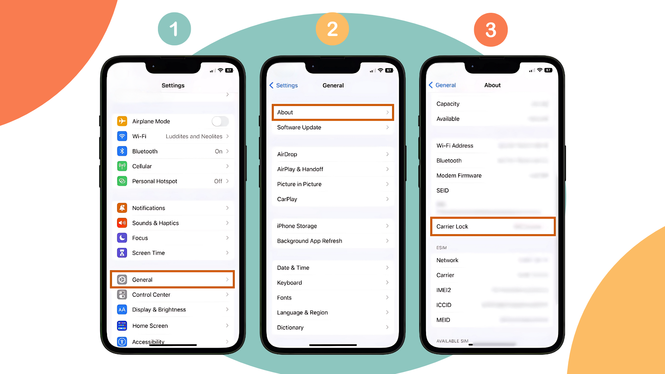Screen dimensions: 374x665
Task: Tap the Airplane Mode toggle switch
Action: [220, 121]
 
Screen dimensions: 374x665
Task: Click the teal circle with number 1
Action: [174, 29]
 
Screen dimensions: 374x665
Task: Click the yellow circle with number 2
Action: [332, 29]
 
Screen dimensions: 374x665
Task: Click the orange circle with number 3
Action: [490, 30]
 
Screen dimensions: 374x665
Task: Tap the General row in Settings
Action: [172, 279]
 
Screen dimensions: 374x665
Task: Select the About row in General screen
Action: [332, 112]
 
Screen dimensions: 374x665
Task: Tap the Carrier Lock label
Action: [452, 226]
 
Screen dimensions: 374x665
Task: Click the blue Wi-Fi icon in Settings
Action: [122, 136]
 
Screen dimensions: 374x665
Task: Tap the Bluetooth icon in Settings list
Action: [122, 151]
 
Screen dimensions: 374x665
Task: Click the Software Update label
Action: [299, 127]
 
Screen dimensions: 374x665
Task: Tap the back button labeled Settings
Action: [284, 85]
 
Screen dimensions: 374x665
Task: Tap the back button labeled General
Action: [442, 85]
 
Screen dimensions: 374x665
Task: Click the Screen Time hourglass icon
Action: [122, 253]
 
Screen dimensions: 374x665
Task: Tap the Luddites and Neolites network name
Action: [194, 136]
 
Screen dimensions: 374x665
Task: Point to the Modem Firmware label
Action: [459, 176]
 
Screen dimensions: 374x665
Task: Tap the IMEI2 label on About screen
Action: [444, 290]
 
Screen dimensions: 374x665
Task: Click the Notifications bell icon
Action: [122, 208]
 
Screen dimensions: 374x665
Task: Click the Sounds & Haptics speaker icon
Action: [122, 223]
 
